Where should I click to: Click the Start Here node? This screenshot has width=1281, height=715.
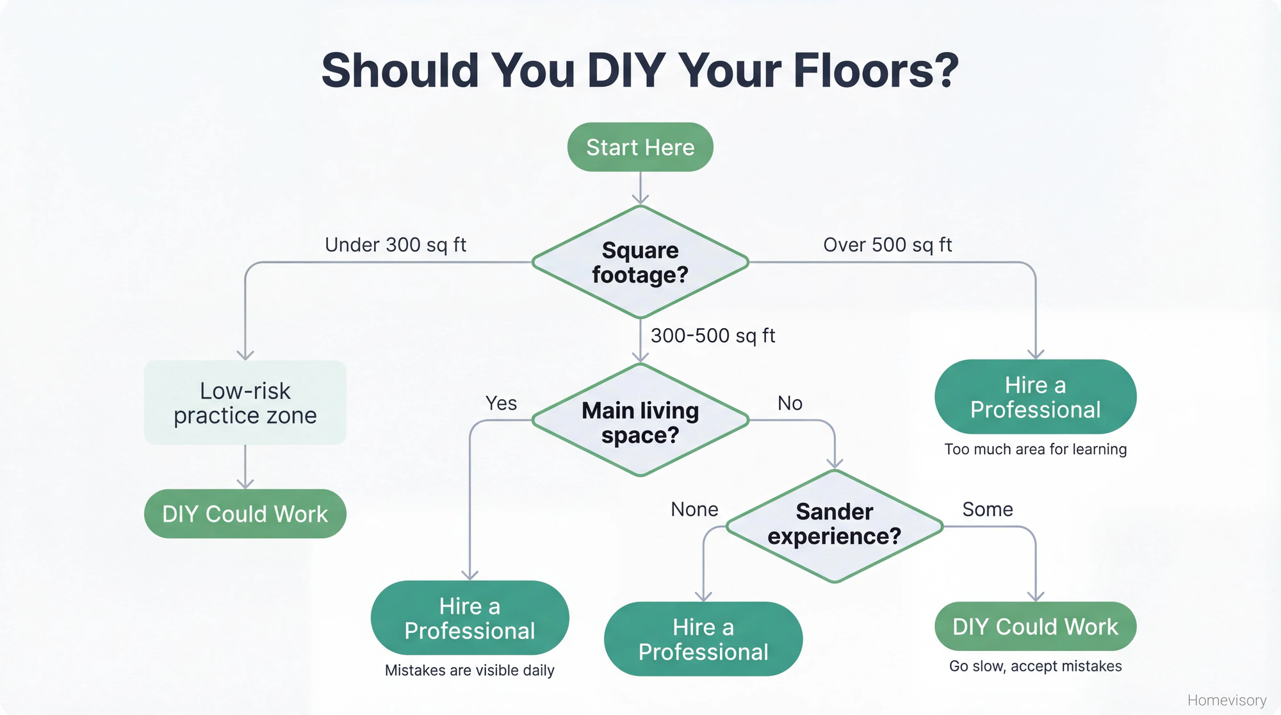(640, 147)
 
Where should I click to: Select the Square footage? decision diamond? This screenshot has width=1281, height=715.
(640, 262)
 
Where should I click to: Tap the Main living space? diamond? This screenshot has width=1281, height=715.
(640, 421)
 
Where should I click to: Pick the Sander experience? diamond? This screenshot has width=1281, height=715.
(834, 525)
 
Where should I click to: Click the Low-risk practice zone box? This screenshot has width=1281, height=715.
(245, 402)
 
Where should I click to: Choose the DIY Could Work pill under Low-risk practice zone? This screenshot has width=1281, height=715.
(245, 514)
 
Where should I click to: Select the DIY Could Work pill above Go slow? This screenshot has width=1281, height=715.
(1035, 626)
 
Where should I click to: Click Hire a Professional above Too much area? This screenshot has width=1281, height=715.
(1035, 397)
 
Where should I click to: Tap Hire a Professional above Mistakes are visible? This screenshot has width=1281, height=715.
(469, 618)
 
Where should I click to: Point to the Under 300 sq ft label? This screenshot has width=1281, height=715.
(395, 245)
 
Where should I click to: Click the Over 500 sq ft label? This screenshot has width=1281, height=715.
(887, 245)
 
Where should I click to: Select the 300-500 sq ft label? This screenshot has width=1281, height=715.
(713, 336)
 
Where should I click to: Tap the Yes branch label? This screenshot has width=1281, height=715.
(501, 403)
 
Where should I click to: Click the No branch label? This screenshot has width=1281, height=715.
(790, 403)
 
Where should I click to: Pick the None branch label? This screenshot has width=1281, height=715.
(694, 509)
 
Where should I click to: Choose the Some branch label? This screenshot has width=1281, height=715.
(987, 509)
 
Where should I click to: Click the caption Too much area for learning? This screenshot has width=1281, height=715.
(1035, 449)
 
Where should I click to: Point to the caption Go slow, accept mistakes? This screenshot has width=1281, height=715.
(1035, 666)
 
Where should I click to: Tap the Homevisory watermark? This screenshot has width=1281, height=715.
(1227, 700)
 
